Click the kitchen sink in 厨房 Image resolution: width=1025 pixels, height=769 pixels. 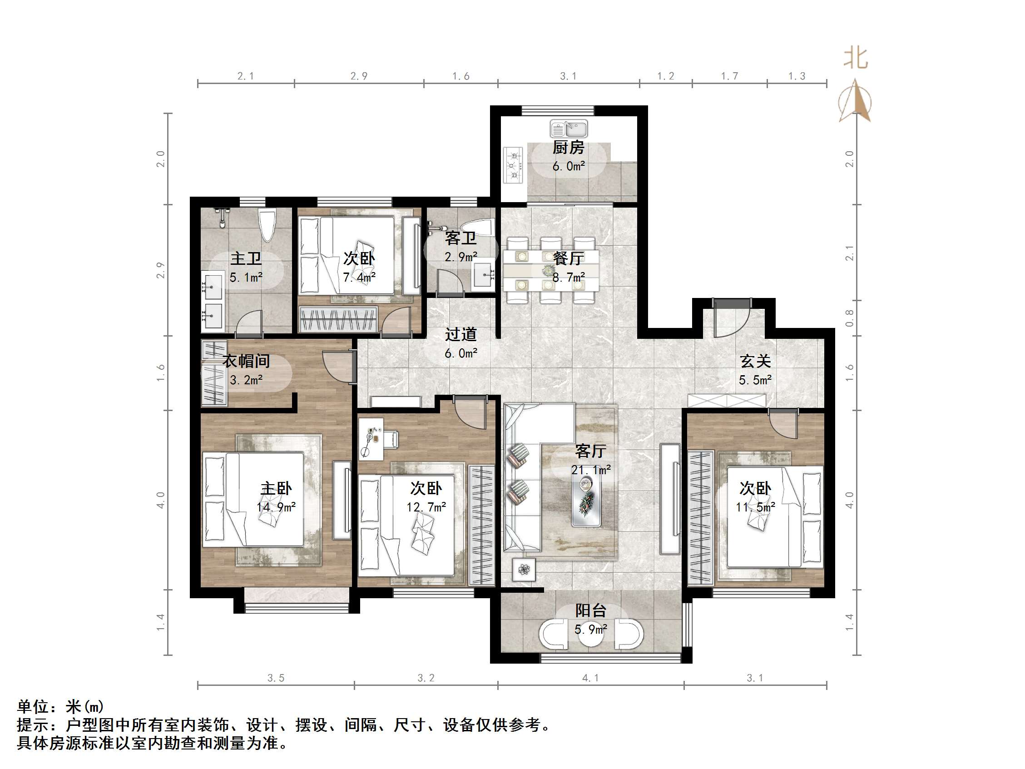[x=569, y=129]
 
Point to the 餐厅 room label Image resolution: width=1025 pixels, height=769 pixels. [x=569, y=258]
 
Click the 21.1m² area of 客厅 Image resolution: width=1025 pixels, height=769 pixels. [x=591, y=470]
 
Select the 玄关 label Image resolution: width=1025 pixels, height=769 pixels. [x=755, y=361]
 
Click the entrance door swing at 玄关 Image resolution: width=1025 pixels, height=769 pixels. [x=732, y=320]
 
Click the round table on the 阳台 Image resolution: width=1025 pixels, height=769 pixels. [x=591, y=636]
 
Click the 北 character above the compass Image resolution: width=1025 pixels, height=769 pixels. [x=856, y=59]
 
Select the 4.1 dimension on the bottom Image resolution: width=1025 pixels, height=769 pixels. [x=590, y=678]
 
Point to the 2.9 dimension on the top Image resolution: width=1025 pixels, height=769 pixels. [x=359, y=76]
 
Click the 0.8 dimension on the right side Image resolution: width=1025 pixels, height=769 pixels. [x=849, y=318]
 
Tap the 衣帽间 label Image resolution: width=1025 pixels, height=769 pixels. [x=246, y=361]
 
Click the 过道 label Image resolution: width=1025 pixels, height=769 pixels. [x=461, y=334]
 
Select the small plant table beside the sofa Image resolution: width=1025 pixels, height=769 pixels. [x=524, y=569]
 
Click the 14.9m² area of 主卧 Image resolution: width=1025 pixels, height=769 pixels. [x=276, y=507]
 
